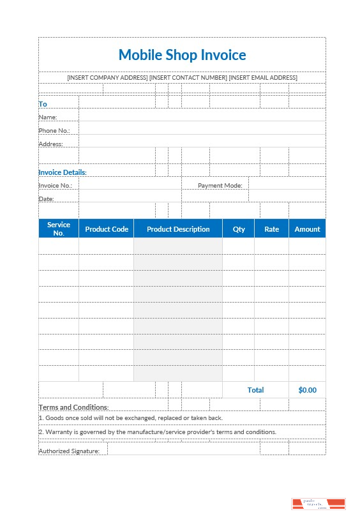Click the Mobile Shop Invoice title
point(182,55)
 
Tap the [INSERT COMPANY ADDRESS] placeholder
point(107,78)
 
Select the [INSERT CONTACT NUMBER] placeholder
point(188,78)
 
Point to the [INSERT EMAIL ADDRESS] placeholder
point(263,78)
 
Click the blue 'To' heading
point(43,103)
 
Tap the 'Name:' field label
point(48,117)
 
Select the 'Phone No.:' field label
point(54,131)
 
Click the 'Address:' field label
point(51,144)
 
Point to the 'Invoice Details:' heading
point(63,172)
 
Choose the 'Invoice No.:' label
point(56,186)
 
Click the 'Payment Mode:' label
point(220,186)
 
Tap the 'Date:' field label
point(47,199)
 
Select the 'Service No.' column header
point(59,229)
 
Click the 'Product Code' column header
point(107,229)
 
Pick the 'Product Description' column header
point(178,229)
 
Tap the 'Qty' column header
point(239,229)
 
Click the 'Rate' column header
point(272,229)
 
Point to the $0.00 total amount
point(307,390)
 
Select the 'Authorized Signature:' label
point(69,451)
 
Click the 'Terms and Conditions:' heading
point(73,407)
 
